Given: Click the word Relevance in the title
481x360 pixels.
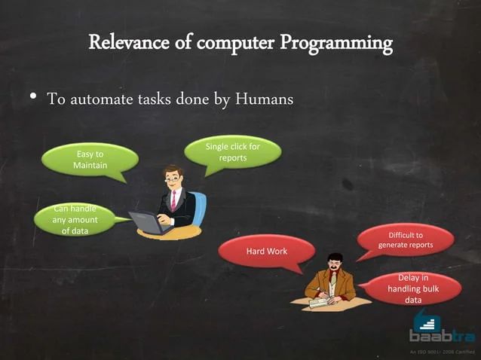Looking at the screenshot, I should pyautogui.click(x=124, y=42).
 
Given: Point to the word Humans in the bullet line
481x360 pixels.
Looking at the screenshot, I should pyautogui.click(x=265, y=99).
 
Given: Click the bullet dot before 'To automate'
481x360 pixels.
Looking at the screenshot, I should pyautogui.click(x=33, y=98).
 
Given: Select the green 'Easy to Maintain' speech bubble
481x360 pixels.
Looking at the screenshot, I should pyautogui.click(x=90, y=160).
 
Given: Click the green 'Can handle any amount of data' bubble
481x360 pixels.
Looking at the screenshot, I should pyautogui.click(x=74, y=220).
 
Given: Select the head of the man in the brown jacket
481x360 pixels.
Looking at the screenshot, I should pyautogui.click(x=333, y=264).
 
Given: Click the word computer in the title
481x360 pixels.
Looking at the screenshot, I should pyautogui.click(x=227, y=43).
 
